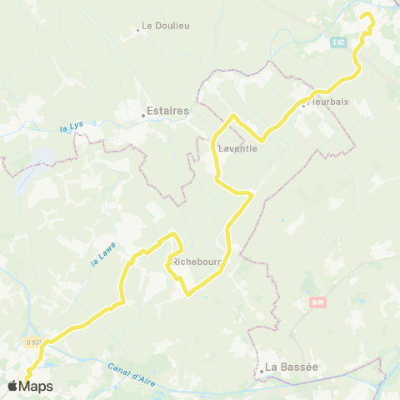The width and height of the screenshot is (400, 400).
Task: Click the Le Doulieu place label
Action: click(166, 26)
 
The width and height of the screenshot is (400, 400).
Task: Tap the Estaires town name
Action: click(167, 110)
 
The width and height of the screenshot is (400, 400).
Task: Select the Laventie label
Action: click(237, 149)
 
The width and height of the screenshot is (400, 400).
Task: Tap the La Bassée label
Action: click(291, 367)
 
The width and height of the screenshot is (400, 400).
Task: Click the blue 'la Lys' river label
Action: click(72, 127)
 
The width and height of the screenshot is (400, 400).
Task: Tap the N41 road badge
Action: click(316, 302)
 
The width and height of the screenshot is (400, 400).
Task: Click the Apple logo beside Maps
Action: click(12, 386)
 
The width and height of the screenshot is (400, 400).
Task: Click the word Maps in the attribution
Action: click(36, 386)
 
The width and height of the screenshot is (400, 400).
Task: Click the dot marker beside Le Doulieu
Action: click(138, 31)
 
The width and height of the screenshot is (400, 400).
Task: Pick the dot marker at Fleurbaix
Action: click(304, 105)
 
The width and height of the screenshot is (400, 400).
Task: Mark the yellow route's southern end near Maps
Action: click(26, 381)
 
